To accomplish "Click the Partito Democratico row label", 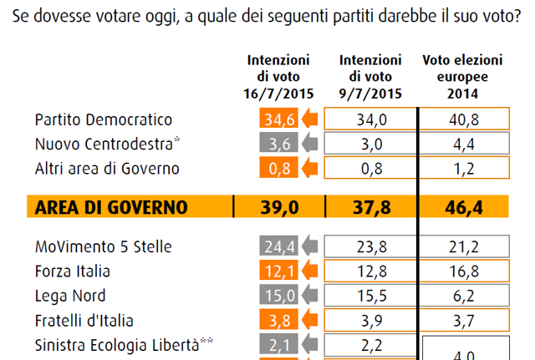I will click(x=104, y=120).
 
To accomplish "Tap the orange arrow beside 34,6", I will click(x=308, y=120).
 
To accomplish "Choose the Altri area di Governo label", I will click(x=108, y=169).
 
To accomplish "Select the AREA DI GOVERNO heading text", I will click(x=110, y=207).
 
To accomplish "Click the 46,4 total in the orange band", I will click(x=466, y=207).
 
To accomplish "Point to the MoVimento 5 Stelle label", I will click(x=104, y=246).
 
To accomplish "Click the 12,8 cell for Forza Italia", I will click(x=371, y=271).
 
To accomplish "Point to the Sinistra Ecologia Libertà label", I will click(x=117, y=343).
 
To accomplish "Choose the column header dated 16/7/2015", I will click(x=278, y=75).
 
